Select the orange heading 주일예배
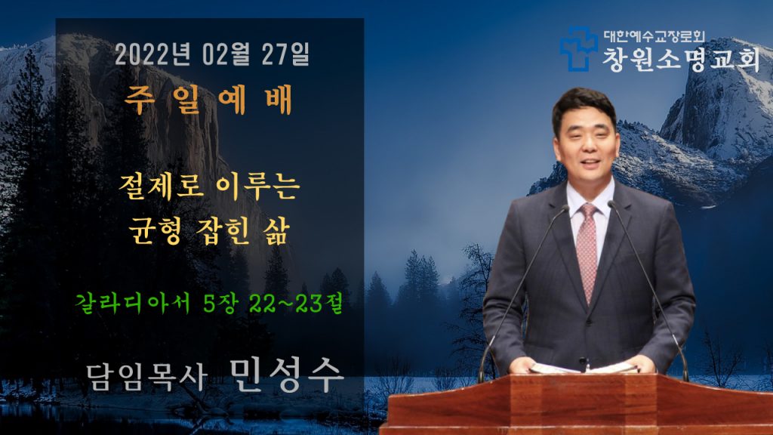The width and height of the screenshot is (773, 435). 208,100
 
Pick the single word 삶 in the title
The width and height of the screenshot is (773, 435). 274,230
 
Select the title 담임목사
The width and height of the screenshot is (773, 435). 147,378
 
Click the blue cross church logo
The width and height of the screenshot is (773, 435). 578,48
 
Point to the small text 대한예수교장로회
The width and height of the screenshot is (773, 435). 654,36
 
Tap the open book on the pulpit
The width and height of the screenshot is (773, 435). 584,368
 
